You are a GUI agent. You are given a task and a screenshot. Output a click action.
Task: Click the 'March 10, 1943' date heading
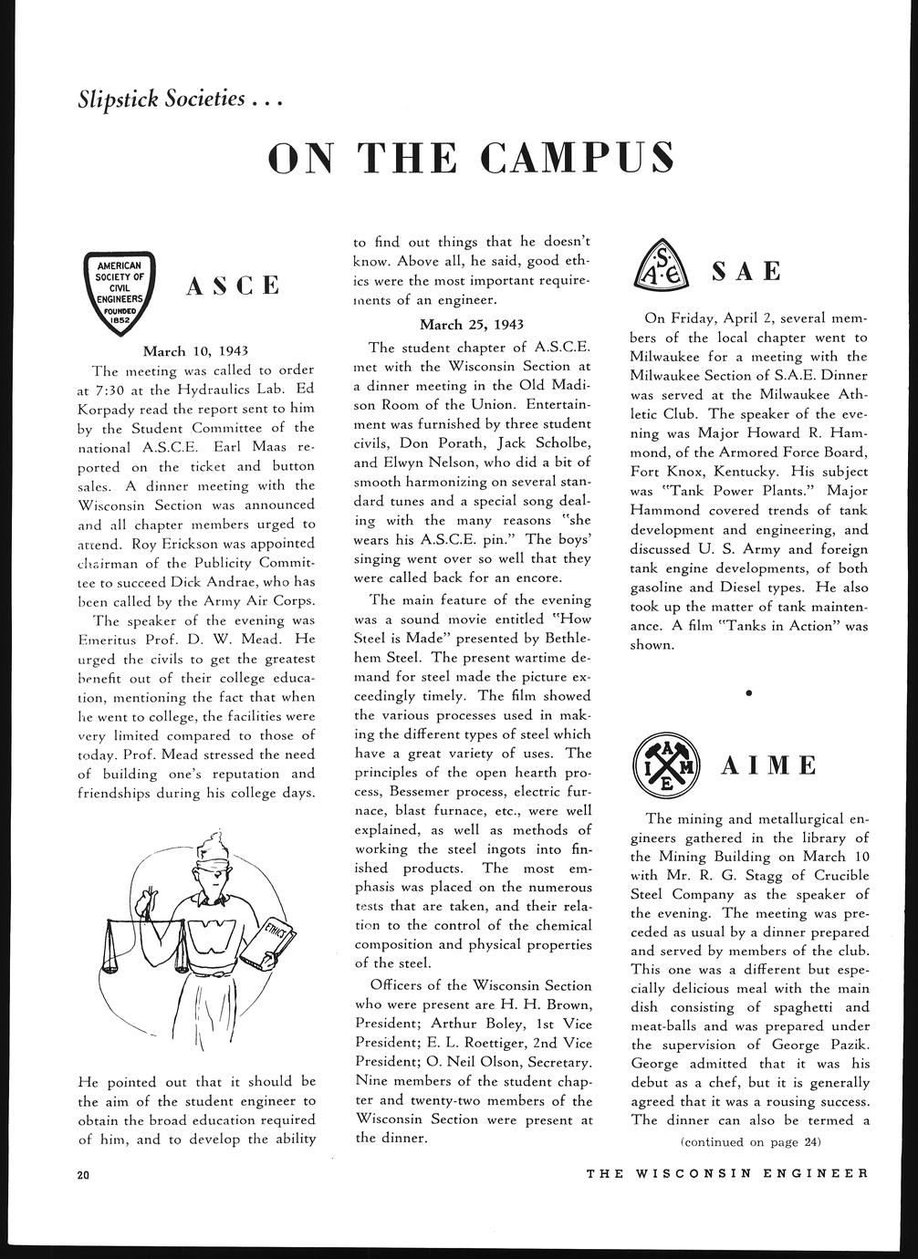[x=196, y=350]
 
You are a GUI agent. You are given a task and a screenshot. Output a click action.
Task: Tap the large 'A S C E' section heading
[x=233, y=286]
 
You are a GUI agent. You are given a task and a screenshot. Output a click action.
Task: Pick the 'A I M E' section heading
[x=769, y=765]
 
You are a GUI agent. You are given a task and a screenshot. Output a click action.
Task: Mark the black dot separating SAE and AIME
[x=749, y=694]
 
